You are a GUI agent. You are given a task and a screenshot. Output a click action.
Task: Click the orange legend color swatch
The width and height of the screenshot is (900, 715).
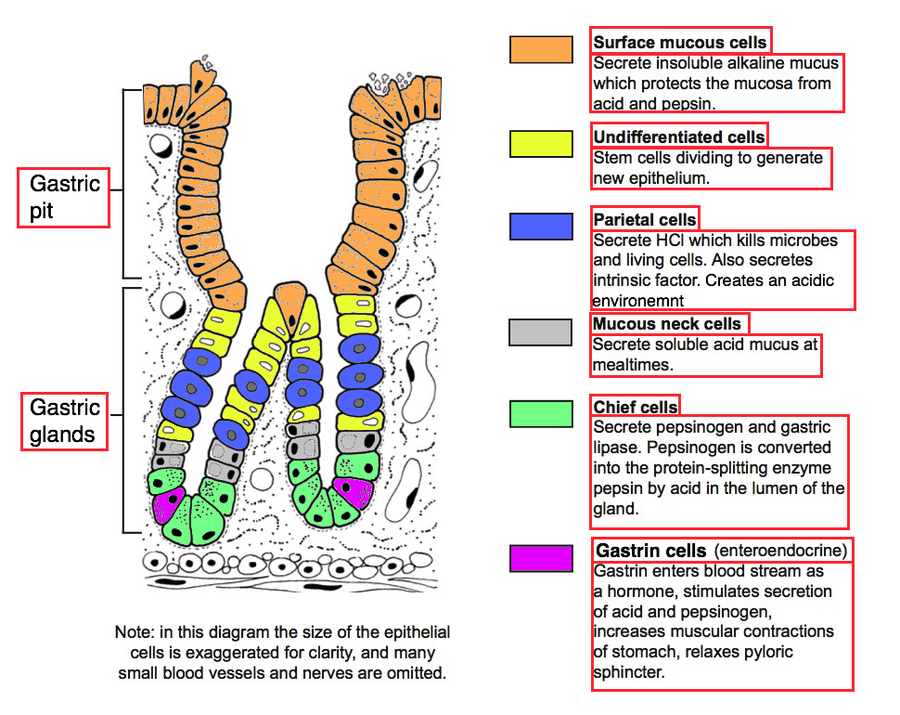[541, 49]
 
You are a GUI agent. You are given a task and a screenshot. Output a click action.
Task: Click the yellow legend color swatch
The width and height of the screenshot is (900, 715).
[541, 144]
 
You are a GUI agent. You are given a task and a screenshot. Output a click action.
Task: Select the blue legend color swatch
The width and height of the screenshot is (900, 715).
[541, 227]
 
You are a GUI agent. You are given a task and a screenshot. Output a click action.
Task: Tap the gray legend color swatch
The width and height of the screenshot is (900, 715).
[540, 331]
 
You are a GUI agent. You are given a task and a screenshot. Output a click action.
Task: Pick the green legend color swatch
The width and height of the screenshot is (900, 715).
[541, 414]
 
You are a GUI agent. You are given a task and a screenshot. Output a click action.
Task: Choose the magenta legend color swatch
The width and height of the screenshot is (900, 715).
[541, 558]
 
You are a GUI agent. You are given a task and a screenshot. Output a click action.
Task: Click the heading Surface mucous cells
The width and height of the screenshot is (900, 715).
[680, 42]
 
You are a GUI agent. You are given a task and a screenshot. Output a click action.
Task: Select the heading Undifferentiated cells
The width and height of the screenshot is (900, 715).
[679, 136]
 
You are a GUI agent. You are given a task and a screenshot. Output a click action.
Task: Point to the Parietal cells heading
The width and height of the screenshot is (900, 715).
[645, 220]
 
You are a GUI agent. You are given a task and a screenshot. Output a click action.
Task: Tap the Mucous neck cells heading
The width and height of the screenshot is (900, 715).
[668, 324]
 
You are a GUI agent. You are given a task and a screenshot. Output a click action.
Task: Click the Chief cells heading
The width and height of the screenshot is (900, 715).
[636, 407]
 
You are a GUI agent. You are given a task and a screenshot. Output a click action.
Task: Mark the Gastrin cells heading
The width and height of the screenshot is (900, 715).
[651, 551]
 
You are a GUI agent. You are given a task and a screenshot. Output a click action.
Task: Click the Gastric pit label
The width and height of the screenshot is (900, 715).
[64, 197]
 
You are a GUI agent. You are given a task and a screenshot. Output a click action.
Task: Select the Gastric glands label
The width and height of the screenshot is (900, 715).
[64, 421]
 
